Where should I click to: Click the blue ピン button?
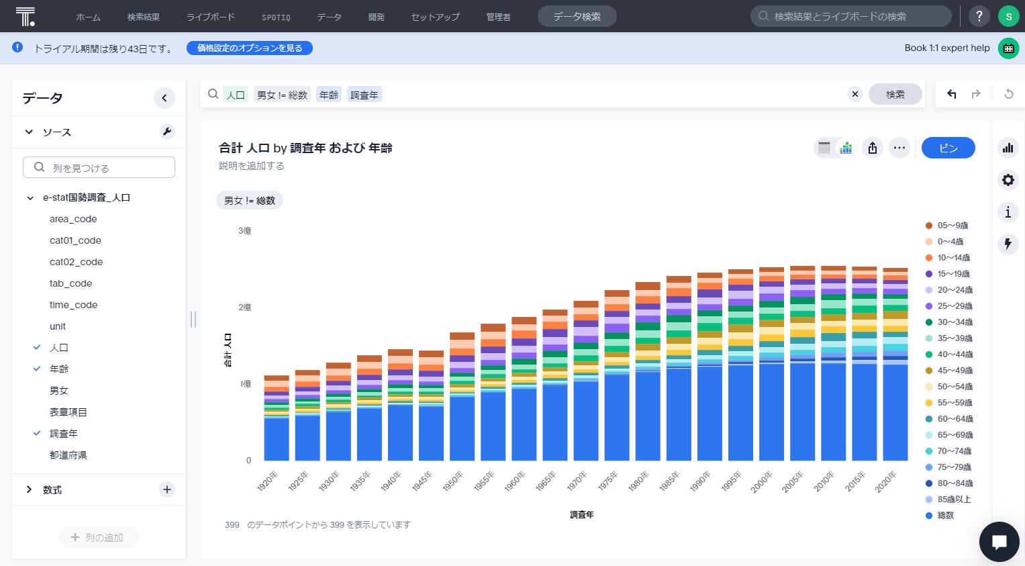click(x=948, y=148)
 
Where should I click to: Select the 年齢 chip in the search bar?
click(x=329, y=95)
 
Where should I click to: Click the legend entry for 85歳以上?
click(x=953, y=500)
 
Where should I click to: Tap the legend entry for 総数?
click(x=945, y=516)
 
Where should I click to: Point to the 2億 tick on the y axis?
click(x=245, y=308)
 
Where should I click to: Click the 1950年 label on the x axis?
click(x=453, y=481)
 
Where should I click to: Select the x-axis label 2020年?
click(x=885, y=481)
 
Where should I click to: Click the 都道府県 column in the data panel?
click(x=68, y=455)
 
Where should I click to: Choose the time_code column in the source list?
click(x=73, y=305)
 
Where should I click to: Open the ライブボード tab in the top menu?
click(x=211, y=17)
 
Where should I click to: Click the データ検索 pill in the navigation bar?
click(x=577, y=17)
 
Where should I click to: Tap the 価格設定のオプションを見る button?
click(x=250, y=48)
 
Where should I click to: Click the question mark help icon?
click(x=979, y=16)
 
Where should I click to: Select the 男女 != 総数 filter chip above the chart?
click(x=250, y=201)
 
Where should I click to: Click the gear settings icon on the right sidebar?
click(x=1008, y=180)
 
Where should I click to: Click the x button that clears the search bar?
click(x=855, y=94)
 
